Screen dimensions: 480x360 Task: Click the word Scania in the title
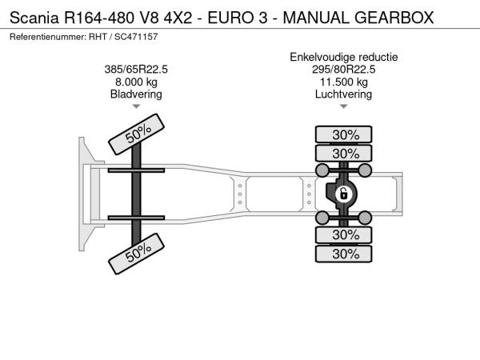pyautogui.click(x=34, y=18)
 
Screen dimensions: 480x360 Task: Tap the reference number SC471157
pyautogui.click(x=136, y=37)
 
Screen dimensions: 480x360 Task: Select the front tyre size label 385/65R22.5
pyautogui.click(x=136, y=70)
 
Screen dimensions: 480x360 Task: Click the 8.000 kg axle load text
pyautogui.click(x=136, y=82)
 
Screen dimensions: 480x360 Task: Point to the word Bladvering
pyautogui.click(x=136, y=94)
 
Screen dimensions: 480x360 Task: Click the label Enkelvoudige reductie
pyautogui.click(x=344, y=57)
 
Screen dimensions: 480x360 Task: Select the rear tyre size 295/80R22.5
pyautogui.click(x=343, y=70)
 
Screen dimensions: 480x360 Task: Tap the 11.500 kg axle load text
pyautogui.click(x=343, y=82)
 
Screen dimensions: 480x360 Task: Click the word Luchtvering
pyautogui.click(x=343, y=94)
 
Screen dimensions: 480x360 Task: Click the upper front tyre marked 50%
pyautogui.click(x=136, y=134)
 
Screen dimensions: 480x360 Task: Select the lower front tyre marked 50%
pyautogui.click(x=136, y=254)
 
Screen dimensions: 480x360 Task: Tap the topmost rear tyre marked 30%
pyautogui.click(x=343, y=134)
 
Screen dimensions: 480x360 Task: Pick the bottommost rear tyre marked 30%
pyautogui.click(x=343, y=254)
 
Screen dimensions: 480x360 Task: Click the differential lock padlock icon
pyautogui.click(x=343, y=194)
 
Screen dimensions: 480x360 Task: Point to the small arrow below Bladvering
pyautogui.click(x=136, y=106)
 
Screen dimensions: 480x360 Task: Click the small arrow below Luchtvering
pyautogui.click(x=343, y=106)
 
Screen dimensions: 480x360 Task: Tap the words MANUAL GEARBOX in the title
pyautogui.click(x=358, y=18)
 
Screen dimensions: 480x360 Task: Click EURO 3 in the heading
pyautogui.click(x=238, y=18)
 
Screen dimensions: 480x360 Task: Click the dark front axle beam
pyautogui.click(x=136, y=194)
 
